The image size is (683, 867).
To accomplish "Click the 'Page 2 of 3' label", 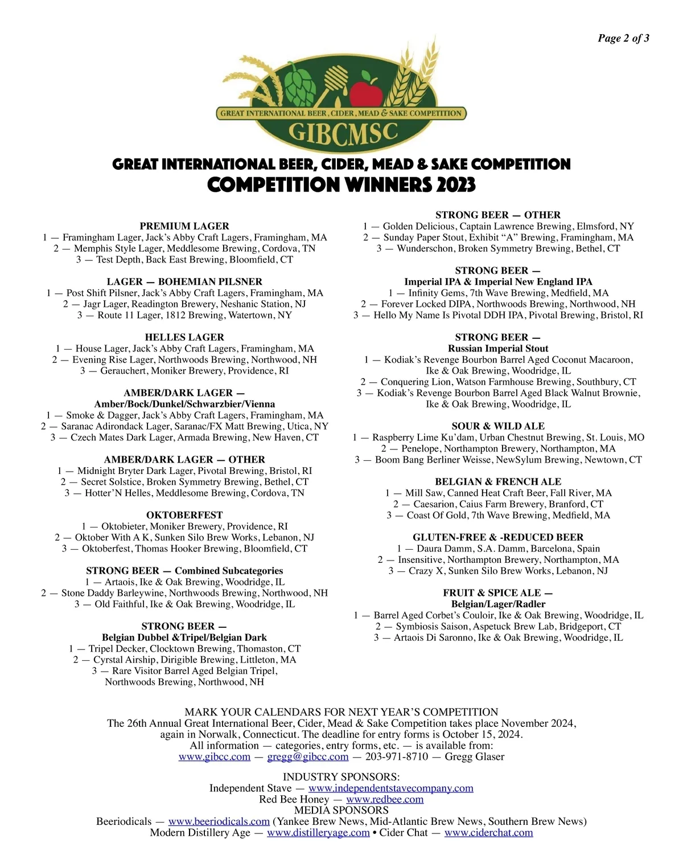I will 623,38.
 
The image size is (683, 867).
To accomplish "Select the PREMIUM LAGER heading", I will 184,226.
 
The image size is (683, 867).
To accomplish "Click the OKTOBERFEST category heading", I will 184,515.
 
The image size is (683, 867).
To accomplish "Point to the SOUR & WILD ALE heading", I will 498,426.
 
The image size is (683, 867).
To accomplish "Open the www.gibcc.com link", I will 215,756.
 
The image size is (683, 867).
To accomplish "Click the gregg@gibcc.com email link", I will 307,756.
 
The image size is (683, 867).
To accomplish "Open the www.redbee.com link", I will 385,799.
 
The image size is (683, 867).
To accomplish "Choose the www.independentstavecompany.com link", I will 390,788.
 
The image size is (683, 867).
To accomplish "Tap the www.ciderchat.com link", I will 488,832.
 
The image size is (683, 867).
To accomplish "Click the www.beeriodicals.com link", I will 219,821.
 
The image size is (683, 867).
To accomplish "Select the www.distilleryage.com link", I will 318,832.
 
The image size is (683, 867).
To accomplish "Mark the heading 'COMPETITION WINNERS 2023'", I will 341,185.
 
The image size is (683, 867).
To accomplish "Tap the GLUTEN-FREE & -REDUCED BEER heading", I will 498,537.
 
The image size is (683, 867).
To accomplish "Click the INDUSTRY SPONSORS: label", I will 341,777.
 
